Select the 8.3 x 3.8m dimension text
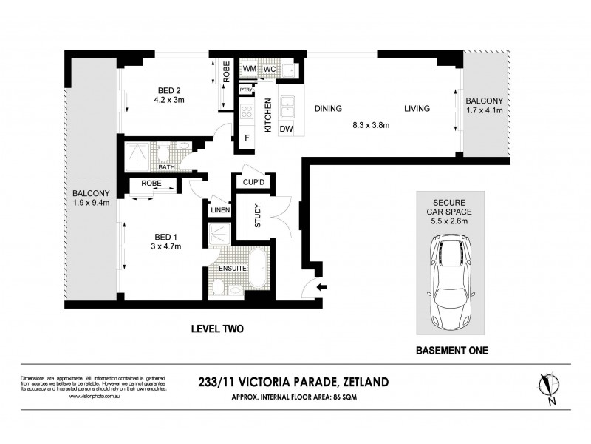(x=370, y=125)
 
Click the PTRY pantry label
(x=245, y=90)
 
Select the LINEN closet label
(x=220, y=210)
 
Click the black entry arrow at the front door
(x=321, y=287)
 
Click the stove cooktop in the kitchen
(x=246, y=113)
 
